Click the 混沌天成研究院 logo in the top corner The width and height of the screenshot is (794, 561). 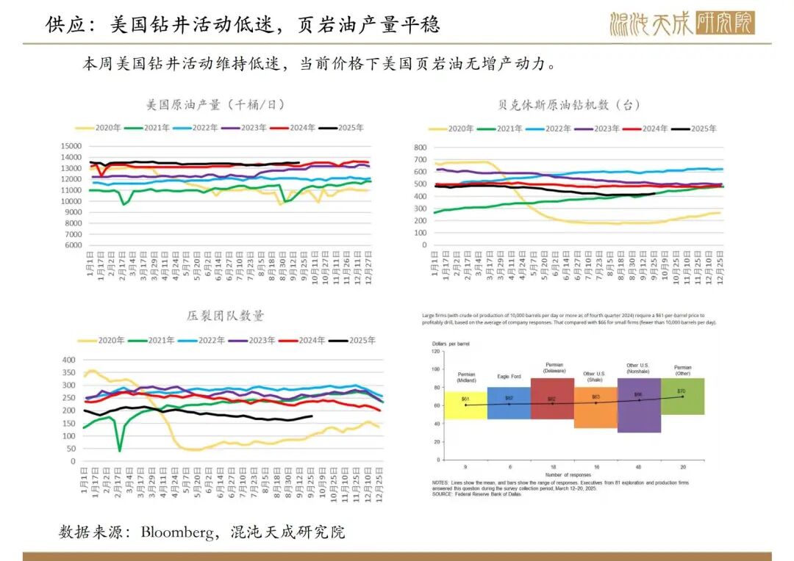[682, 23]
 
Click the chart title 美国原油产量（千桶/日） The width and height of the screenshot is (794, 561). [215, 104]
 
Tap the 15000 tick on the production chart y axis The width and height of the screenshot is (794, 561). [71, 146]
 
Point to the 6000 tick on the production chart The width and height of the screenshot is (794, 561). [74, 245]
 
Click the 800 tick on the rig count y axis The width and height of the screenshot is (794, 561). [420, 148]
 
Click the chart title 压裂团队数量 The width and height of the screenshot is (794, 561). [225, 316]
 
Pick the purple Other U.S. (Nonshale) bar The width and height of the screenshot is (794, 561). [638, 405]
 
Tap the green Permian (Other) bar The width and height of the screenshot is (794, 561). [683, 397]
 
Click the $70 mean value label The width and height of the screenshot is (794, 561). [681, 391]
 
